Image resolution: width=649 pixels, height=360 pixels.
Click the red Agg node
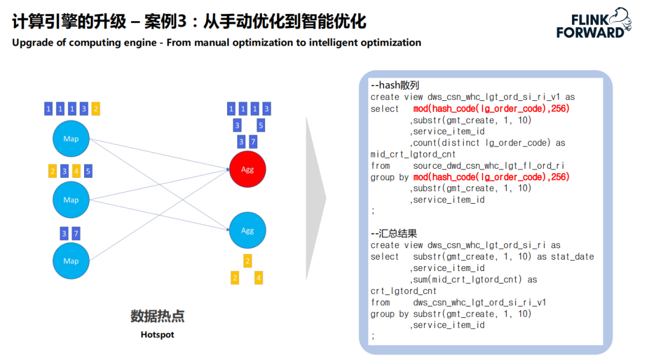pos(247,169)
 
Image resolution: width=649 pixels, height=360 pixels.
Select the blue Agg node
pos(247,230)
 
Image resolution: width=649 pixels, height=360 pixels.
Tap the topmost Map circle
pos(71,139)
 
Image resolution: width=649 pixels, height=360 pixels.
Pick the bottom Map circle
pos(71,261)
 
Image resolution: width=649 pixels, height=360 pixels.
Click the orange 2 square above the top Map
pos(96,109)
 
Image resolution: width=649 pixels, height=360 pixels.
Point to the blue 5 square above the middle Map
pos(88,171)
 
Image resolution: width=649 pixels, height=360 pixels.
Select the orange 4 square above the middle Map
pos(76,171)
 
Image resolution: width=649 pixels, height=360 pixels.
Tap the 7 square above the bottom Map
pos(76,233)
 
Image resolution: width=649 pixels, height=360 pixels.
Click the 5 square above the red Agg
pos(261,126)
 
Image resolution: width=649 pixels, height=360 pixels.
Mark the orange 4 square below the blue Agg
pos(258,278)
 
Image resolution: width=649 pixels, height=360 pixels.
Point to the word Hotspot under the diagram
pos(157,334)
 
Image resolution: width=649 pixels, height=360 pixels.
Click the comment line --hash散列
pos(395,85)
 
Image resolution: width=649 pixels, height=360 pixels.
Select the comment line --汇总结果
pos(394,234)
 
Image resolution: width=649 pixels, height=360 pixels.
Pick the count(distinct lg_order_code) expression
pos(481,143)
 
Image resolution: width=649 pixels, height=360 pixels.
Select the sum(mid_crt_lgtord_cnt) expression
pos(470,279)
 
